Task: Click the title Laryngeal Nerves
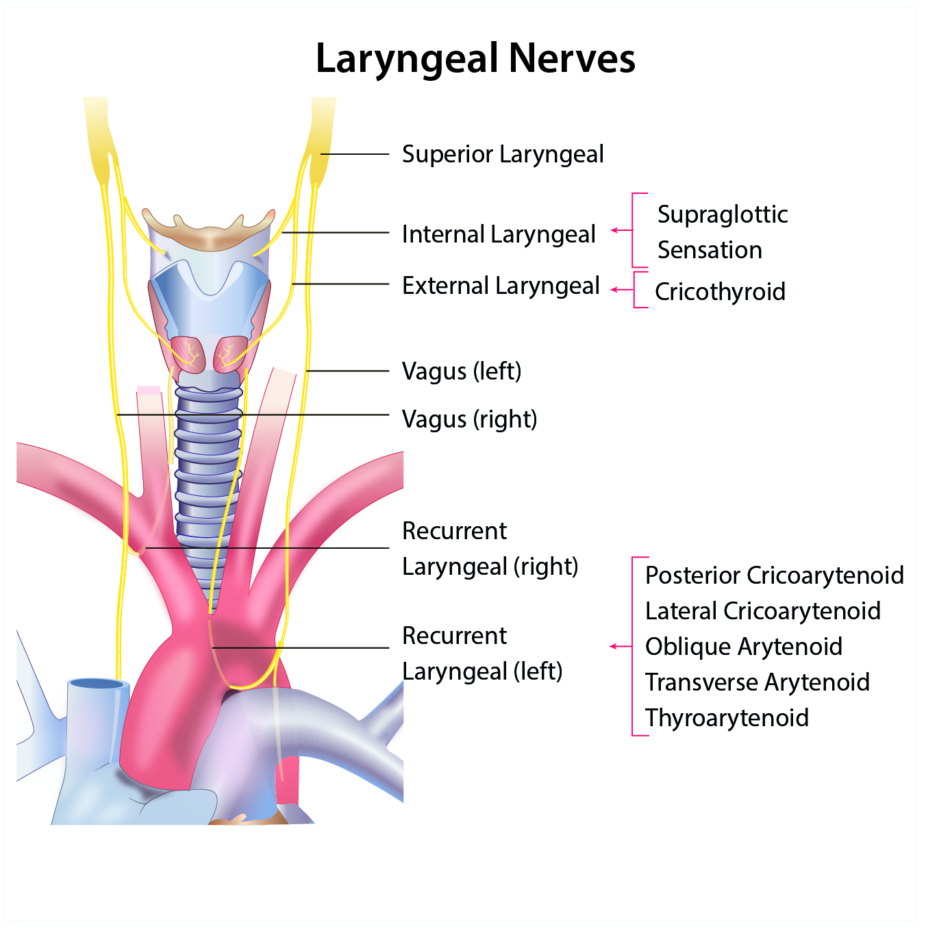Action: click(475, 59)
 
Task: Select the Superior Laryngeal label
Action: click(502, 155)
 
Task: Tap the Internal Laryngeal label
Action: click(498, 234)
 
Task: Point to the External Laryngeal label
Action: click(501, 286)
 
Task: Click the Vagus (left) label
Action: click(461, 371)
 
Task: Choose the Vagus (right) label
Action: click(469, 419)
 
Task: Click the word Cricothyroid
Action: click(720, 292)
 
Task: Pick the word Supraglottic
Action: click(723, 214)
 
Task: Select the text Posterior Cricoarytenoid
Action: click(774, 575)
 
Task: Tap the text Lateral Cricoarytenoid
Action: click(762, 611)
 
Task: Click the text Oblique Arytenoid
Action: click(743, 647)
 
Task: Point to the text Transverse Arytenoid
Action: click(757, 682)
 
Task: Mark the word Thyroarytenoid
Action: click(727, 718)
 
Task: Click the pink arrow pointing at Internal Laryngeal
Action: click(621, 230)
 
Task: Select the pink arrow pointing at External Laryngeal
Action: click(621, 290)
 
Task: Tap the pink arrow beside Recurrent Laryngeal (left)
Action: click(620, 646)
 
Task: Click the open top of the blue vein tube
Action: click(99, 684)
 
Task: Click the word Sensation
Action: click(710, 250)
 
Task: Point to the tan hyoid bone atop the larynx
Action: click(209, 233)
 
